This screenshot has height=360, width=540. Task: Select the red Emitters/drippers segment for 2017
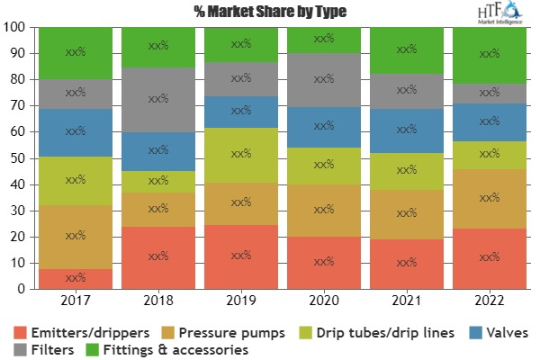coord(75,278)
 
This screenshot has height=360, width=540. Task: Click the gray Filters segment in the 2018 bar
coord(157,99)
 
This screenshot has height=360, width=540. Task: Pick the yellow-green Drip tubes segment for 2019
coord(240,154)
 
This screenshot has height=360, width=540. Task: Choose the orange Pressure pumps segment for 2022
coord(490,197)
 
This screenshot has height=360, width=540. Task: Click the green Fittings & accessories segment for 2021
coord(406,50)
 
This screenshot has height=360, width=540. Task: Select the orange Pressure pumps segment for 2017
coord(75,236)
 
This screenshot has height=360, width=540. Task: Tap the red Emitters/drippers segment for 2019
coord(240,256)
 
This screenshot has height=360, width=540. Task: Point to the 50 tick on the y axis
coord(18,158)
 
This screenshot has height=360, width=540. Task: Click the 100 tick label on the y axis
coord(15,27)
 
